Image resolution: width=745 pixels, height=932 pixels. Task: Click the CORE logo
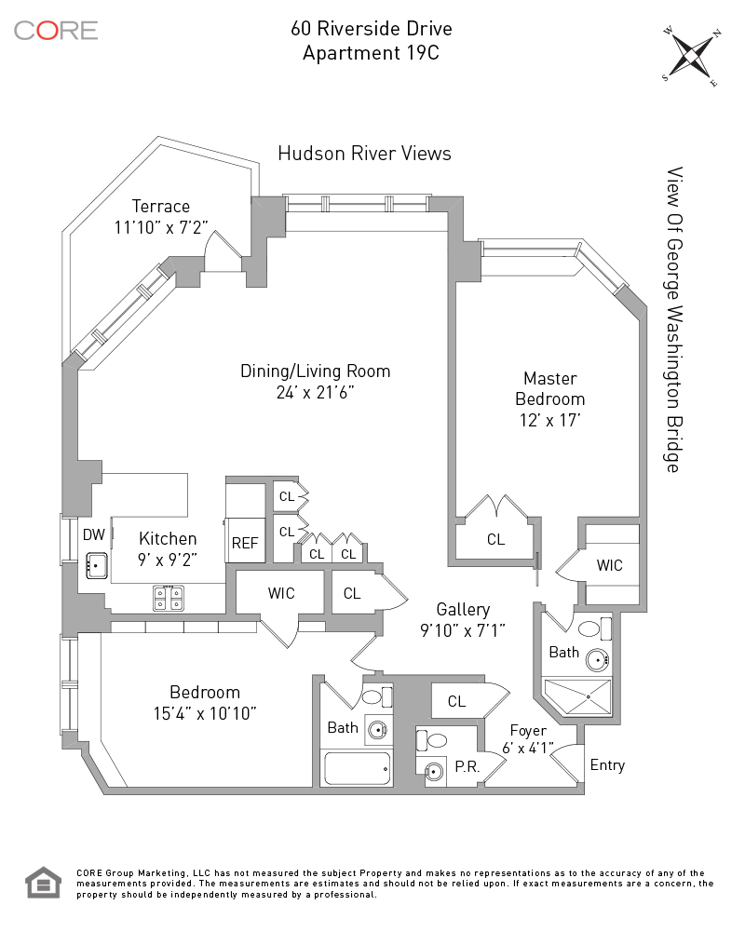point(56,30)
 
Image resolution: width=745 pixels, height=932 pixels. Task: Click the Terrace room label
point(160,207)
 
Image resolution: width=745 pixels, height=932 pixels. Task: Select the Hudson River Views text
point(364,154)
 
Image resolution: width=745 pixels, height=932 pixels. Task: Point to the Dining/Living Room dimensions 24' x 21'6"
point(316,393)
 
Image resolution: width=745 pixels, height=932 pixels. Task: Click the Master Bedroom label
point(549,389)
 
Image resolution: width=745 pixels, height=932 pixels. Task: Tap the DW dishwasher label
point(93,534)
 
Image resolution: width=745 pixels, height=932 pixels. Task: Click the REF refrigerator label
point(245,543)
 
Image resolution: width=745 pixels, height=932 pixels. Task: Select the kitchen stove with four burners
point(168,598)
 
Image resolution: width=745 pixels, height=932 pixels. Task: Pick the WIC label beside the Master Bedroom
point(610,565)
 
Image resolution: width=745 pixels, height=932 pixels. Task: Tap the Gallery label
point(463,610)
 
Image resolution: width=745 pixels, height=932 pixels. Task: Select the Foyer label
point(528,731)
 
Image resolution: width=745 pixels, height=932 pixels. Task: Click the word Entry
point(607,765)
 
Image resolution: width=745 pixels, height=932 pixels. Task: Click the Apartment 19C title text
point(371,52)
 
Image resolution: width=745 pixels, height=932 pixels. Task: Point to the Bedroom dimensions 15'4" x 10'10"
point(205,713)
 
